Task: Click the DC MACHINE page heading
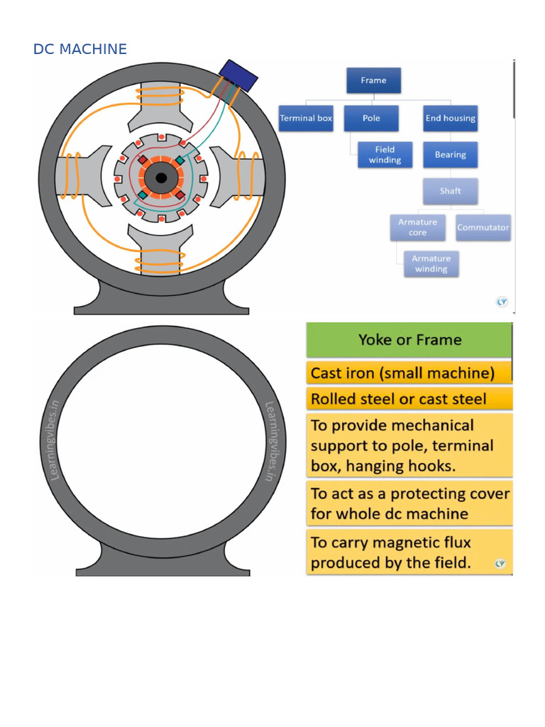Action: point(79,49)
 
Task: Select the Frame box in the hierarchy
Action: point(373,80)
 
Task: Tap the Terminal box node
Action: point(306,118)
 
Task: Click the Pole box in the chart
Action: point(371,118)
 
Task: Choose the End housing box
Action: point(450,118)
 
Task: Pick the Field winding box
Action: point(385,155)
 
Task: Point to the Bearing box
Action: point(450,155)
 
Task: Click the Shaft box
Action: point(450,191)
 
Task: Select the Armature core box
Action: point(417,227)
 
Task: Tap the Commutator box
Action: point(483,227)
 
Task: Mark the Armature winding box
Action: point(431,264)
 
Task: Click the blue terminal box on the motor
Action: point(238,75)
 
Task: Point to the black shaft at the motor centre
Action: point(161,177)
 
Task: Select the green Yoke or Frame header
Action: point(409,340)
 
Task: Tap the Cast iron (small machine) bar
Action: point(409,373)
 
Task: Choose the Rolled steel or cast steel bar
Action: point(409,399)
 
